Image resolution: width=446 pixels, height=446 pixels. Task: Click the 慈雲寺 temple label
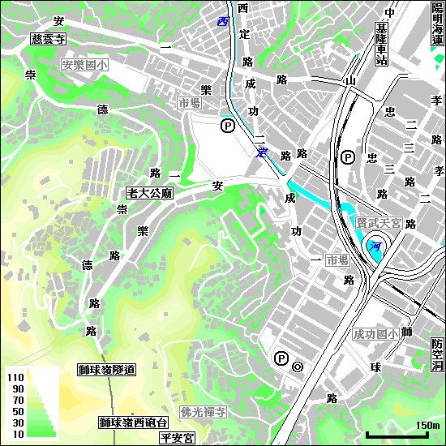[48, 38]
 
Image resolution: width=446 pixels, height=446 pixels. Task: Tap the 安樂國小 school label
[84, 64]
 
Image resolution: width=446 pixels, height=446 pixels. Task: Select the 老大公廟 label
[150, 194]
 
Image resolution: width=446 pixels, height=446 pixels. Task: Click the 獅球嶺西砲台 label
[133, 422]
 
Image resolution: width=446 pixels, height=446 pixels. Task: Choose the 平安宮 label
[177, 438]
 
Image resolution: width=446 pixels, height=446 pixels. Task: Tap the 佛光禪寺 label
[204, 412]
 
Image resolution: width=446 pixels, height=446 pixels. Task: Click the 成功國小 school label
[375, 333]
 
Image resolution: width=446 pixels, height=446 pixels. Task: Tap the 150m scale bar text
[427, 426]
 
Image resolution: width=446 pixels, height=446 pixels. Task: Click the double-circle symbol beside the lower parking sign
[298, 367]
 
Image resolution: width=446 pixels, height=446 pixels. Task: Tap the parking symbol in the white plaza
[228, 126]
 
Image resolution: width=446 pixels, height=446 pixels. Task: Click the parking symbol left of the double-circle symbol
[281, 358]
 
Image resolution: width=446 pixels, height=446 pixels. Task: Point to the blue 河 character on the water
[375, 244]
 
